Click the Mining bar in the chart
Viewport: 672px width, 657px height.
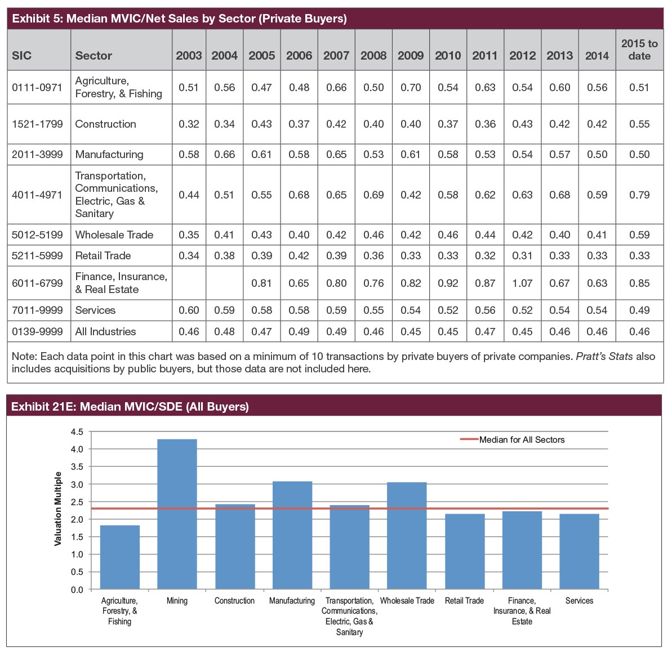(x=177, y=514)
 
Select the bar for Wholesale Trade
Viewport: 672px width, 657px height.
(x=407, y=535)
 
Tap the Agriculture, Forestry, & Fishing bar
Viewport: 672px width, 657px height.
(x=119, y=557)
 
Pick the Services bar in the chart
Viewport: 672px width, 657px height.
(x=579, y=551)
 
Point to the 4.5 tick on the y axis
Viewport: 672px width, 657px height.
(x=77, y=432)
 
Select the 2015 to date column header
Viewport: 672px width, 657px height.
(x=639, y=49)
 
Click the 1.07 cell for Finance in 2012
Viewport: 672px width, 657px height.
(x=522, y=283)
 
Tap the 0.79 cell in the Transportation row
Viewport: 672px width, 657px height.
(x=639, y=195)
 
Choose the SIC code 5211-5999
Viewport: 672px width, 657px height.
(x=37, y=255)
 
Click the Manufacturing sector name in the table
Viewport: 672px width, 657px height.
(x=109, y=154)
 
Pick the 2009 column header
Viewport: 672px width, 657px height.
(x=411, y=56)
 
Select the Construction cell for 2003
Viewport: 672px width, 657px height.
(x=189, y=124)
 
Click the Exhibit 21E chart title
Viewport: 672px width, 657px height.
(x=130, y=406)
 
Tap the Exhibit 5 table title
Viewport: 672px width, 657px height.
(x=179, y=19)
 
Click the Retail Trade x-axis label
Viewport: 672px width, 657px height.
(x=464, y=601)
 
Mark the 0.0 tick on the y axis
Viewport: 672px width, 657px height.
(x=77, y=589)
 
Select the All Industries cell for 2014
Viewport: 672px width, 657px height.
(x=597, y=331)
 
